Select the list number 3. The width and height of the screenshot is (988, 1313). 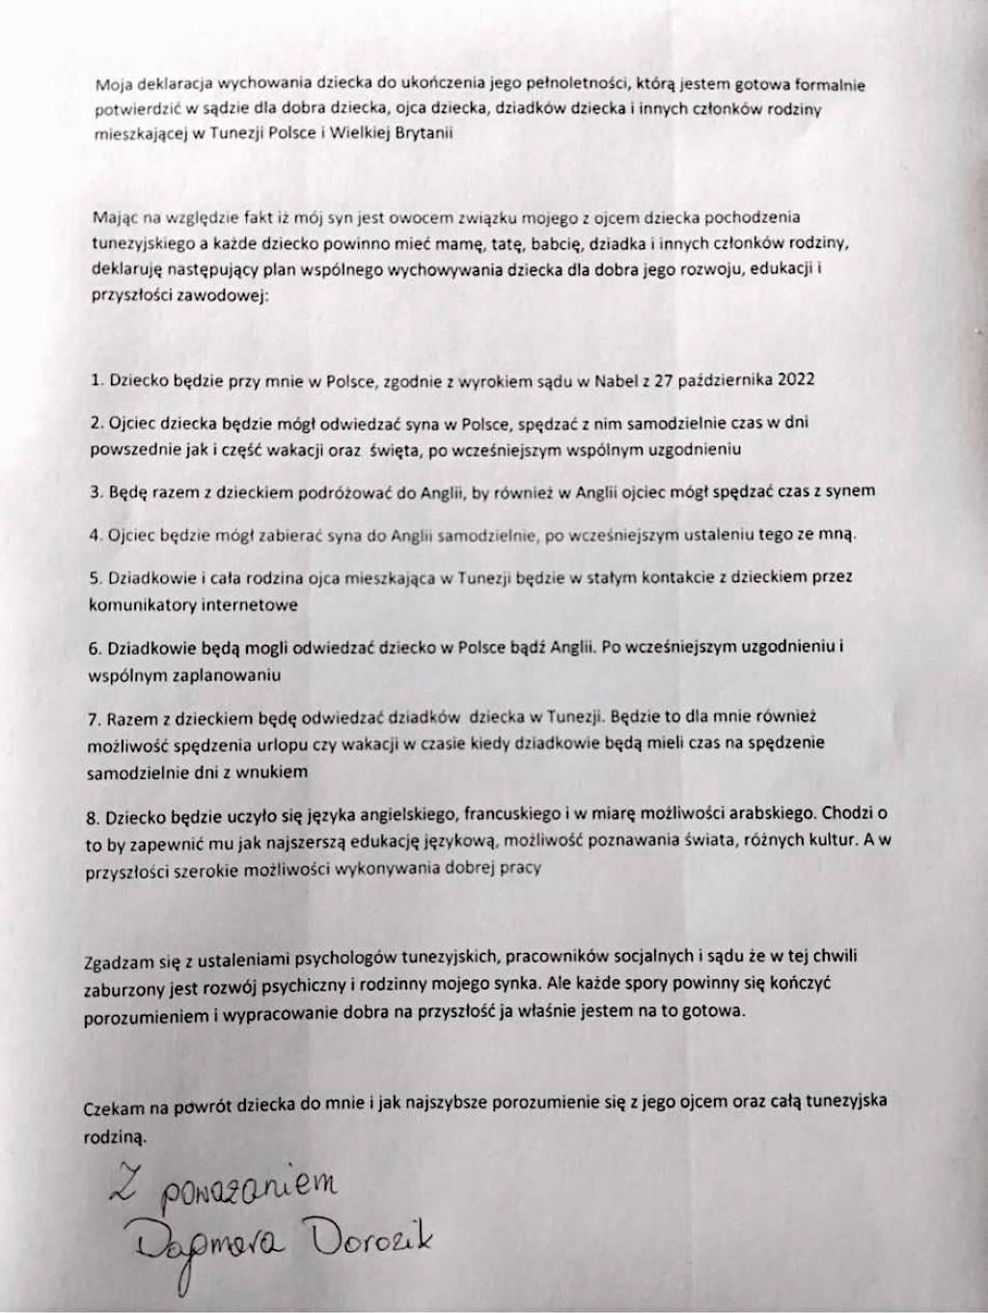click(96, 491)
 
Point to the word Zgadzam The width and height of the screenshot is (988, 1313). click(116, 960)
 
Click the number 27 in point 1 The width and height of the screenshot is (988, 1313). click(663, 379)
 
